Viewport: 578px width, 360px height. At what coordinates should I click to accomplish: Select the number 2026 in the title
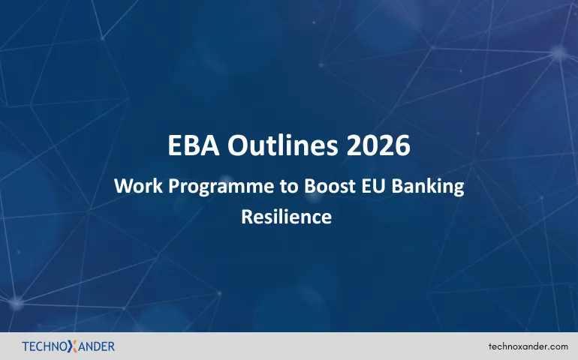coord(378,145)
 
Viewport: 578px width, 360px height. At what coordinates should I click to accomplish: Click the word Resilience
coord(286,217)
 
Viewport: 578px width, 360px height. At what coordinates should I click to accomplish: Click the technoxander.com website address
coord(528,346)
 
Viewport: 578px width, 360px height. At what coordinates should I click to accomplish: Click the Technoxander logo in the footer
coord(68,346)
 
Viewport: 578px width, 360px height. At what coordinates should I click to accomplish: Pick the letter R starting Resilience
coord(246,217)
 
